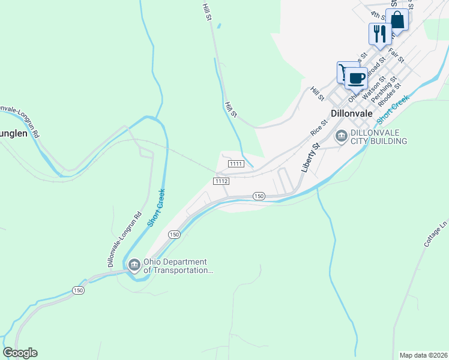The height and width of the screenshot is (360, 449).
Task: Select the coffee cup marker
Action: click(357, 78)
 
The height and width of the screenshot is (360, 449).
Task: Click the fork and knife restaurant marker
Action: click(379, 34)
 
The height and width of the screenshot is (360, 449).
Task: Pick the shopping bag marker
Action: click(397, 20)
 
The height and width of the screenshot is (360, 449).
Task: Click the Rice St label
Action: click(319, 127)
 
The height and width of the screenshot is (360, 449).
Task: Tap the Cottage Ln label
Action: click(436, 233)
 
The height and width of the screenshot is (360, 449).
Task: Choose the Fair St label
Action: click(396, 56)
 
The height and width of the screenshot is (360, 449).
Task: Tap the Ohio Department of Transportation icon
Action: click(133, 264)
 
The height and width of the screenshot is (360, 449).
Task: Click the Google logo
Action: click(20, 353)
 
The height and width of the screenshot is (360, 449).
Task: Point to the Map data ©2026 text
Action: click(423, 355)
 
